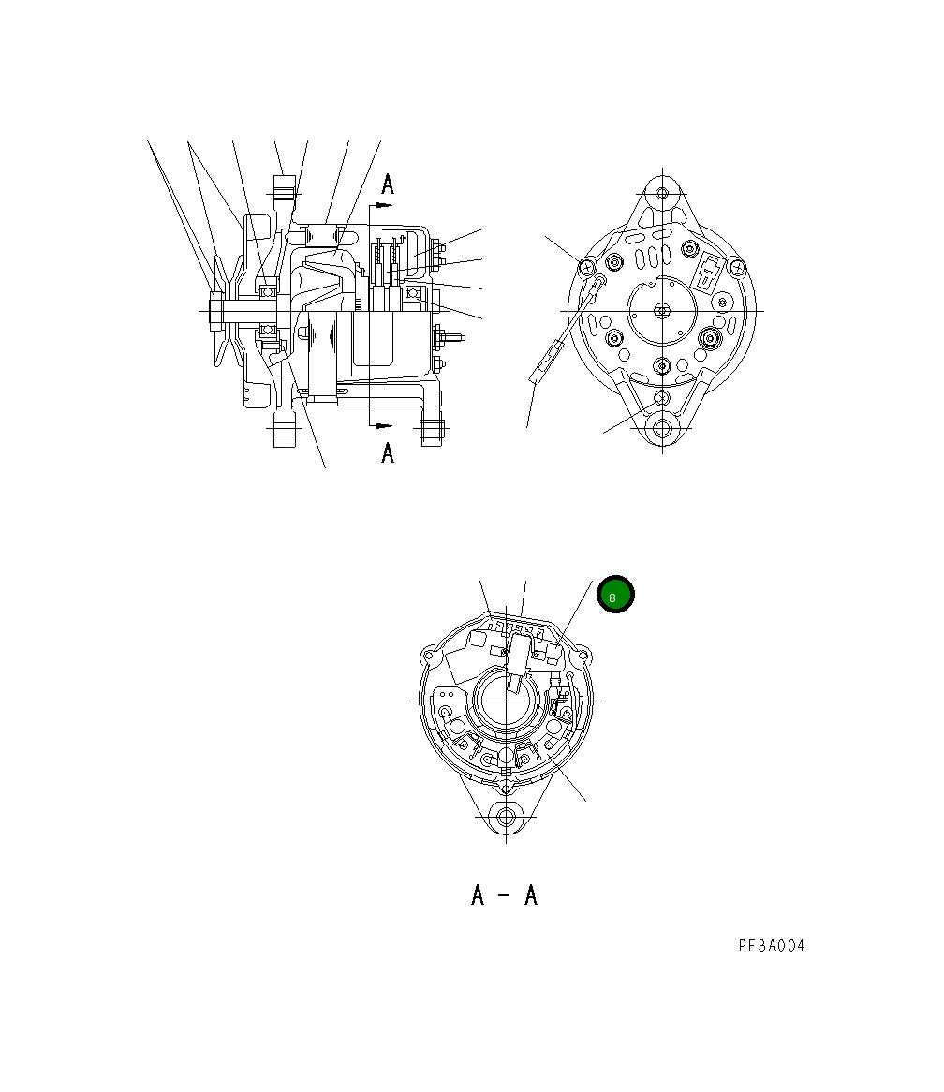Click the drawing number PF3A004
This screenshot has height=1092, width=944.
[x=771, y=945]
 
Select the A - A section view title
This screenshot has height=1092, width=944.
[x=504, y=896]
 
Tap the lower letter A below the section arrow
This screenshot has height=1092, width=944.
[x=388, y=453]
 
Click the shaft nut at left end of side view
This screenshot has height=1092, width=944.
[x=215, y=309]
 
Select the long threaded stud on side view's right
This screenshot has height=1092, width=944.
[x=453, y=337]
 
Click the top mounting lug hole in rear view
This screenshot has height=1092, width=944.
[x=663, y=194]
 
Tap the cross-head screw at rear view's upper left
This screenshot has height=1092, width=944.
[x=587, y=266]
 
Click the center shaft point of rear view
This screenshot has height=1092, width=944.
[x=663, y=310]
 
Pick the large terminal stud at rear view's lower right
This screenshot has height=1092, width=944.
[x=711, y=337]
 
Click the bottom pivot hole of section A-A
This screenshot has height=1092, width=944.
[x=507, y=816]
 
